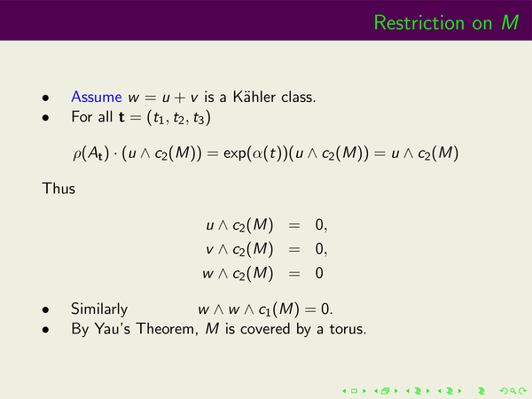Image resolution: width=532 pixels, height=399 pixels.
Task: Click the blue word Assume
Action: click(x=97, y=97)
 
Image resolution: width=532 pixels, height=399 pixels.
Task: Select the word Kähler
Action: click(x=254, y=97)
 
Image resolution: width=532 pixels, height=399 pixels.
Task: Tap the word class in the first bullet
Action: click(x=299, y=97)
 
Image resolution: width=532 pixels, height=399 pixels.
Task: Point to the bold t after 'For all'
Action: click(x=121, y=117)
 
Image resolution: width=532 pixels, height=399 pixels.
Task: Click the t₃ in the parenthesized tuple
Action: click(x=199, y=118)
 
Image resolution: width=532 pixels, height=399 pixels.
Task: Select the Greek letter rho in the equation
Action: click(x=76, y=154)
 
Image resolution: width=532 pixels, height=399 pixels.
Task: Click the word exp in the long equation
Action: click(x=234, y=154)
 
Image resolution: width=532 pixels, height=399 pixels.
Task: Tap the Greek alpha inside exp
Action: click(x=257, y=154)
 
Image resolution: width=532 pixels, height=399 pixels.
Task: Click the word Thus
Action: click(x=59, y=188)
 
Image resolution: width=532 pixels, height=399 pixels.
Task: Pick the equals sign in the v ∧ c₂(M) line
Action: click(x=294, y=250)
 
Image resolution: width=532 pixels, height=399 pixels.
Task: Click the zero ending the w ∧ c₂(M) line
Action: click(x=319, y=273)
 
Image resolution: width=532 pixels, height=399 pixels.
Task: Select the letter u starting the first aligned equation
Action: click(x=210, y=226)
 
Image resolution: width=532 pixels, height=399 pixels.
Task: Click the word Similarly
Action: click(x=99, y=309)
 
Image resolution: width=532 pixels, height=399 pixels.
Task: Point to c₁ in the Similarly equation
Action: click(x=264, y=310)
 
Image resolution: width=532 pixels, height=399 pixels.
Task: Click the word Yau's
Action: click(x=113, y=329)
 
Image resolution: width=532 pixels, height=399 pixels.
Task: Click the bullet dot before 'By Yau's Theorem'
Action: click(x=46, y=330)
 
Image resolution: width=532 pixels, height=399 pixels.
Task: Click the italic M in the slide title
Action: click(x=510, y=23)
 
